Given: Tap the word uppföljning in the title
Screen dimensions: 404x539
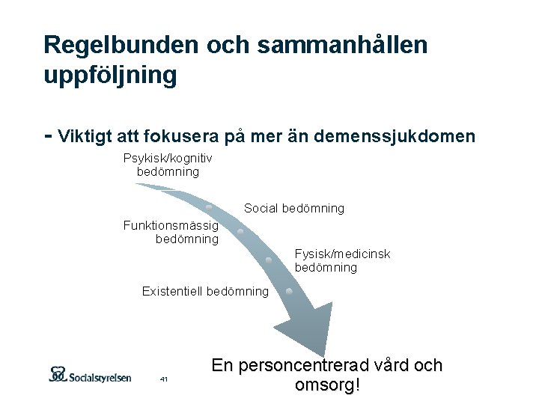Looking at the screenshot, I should point(110,75).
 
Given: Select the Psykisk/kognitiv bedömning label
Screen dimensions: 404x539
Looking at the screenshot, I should point(168,165).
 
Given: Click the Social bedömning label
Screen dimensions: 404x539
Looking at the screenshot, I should point(294,209).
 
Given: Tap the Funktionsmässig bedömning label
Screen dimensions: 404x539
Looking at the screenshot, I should point(171,232).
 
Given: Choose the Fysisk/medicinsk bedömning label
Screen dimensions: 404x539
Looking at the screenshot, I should point(342,260).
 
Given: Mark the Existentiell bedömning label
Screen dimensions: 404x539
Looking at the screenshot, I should point(205,291).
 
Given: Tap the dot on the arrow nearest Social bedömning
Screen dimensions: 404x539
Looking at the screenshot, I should point(210,205).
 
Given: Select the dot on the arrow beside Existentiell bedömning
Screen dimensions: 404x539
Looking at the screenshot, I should point(278,290).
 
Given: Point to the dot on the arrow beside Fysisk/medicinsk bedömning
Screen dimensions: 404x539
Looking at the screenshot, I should point(268,260).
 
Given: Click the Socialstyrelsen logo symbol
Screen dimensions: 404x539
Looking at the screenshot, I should point(58,374).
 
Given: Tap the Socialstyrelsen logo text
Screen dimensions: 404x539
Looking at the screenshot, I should point(100,376).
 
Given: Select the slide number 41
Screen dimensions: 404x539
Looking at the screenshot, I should point(164,380).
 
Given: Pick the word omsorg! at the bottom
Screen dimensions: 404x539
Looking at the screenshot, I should point(328,386).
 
